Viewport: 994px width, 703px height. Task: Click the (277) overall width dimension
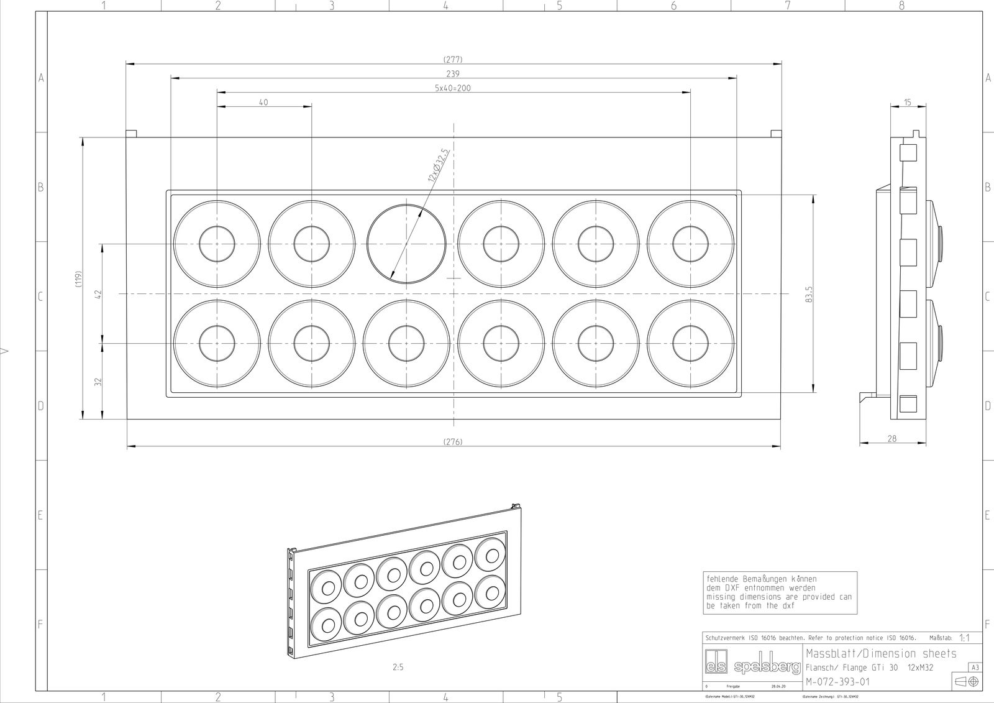pos(453,60)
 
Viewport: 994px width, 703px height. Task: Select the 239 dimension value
pos(453,74)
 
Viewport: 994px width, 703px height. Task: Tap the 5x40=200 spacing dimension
pos(453,88)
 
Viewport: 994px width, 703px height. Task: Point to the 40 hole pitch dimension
pos(263,103)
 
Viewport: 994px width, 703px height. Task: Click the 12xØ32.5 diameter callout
pos(439,165)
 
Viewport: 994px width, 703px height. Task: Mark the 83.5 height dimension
pos(808,295)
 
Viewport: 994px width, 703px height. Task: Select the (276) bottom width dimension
pos(453,442)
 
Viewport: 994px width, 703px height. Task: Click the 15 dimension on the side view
pos(908,103)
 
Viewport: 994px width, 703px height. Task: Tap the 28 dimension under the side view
pos(892,439)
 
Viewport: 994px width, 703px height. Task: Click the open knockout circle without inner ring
pos(406,242)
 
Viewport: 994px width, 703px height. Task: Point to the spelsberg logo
pos(752,667)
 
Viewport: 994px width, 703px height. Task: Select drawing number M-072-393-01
pos(837,682)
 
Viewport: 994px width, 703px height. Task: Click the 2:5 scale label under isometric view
pos(398,668)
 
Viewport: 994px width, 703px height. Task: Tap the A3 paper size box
pos(975,668)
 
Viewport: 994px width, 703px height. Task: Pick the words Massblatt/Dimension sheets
pos(881,654)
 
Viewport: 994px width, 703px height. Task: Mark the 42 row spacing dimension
pos(98,293)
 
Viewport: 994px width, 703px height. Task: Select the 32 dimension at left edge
pos(98,381)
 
